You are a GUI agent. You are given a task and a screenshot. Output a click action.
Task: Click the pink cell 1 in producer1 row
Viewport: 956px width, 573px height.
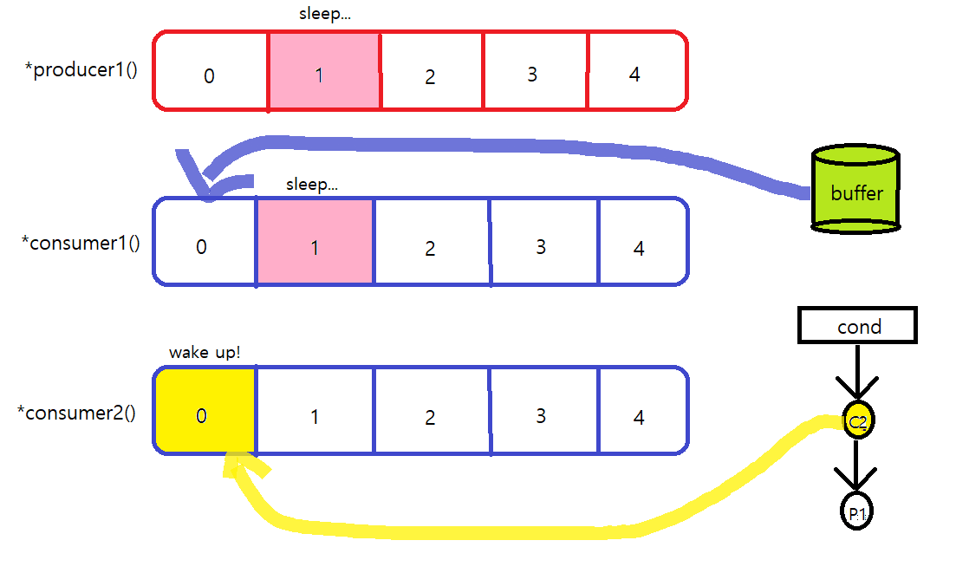tap(323, 72)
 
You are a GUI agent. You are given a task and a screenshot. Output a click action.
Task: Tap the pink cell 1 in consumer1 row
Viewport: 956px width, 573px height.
tap(315, 242)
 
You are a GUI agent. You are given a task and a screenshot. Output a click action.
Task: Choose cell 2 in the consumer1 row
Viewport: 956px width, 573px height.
tap(431, 242)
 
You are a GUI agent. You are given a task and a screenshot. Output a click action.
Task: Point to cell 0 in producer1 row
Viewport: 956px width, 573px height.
tap(211, 72)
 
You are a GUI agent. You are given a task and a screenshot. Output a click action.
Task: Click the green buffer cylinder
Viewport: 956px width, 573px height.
tap(855, 191)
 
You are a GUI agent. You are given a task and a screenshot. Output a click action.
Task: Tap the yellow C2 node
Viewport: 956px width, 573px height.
tap(857, 422)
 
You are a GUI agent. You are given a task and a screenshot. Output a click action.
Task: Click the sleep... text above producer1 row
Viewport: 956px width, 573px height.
tap(323, 15)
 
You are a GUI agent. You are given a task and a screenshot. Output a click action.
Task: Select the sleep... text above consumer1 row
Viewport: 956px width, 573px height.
tap(311, 184)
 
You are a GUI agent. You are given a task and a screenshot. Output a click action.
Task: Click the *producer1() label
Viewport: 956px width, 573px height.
tap(81, 70)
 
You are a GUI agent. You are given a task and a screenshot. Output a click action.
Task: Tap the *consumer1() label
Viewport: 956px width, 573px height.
tap(81, 242)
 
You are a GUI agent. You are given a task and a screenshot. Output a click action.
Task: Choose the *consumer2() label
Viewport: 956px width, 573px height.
tap(76, 412)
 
